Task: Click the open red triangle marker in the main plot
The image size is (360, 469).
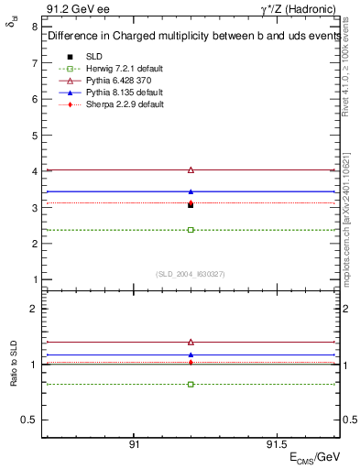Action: click(x=191, y=169)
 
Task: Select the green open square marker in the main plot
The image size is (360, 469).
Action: click(x=191, y=229)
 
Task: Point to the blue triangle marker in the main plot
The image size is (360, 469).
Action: click(x=191, y=191)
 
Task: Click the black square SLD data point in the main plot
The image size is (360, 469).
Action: click(x=191, y=205)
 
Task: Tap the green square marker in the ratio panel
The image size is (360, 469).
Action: click(x=191, y=384)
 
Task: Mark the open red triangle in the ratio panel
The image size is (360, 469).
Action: click(x=191, y=342)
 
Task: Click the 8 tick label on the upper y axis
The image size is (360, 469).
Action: click(x=34, y=27)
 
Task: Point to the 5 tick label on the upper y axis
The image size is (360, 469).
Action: click(x=34, y=136)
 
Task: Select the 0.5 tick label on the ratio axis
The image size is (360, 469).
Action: click(x=29, y=420)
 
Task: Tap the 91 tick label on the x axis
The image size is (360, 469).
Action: click(x=134, y=442)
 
